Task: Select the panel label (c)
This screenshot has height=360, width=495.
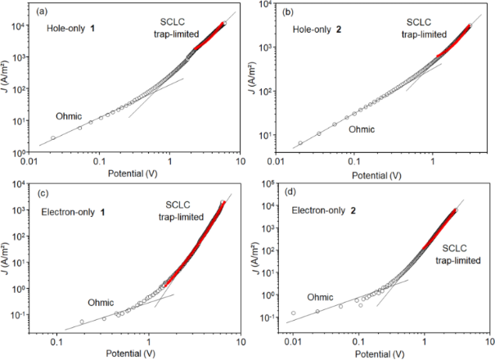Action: point(38,194)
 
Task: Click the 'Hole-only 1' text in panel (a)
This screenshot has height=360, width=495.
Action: point(71,29)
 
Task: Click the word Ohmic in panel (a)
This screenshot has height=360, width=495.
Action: point(70,116)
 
